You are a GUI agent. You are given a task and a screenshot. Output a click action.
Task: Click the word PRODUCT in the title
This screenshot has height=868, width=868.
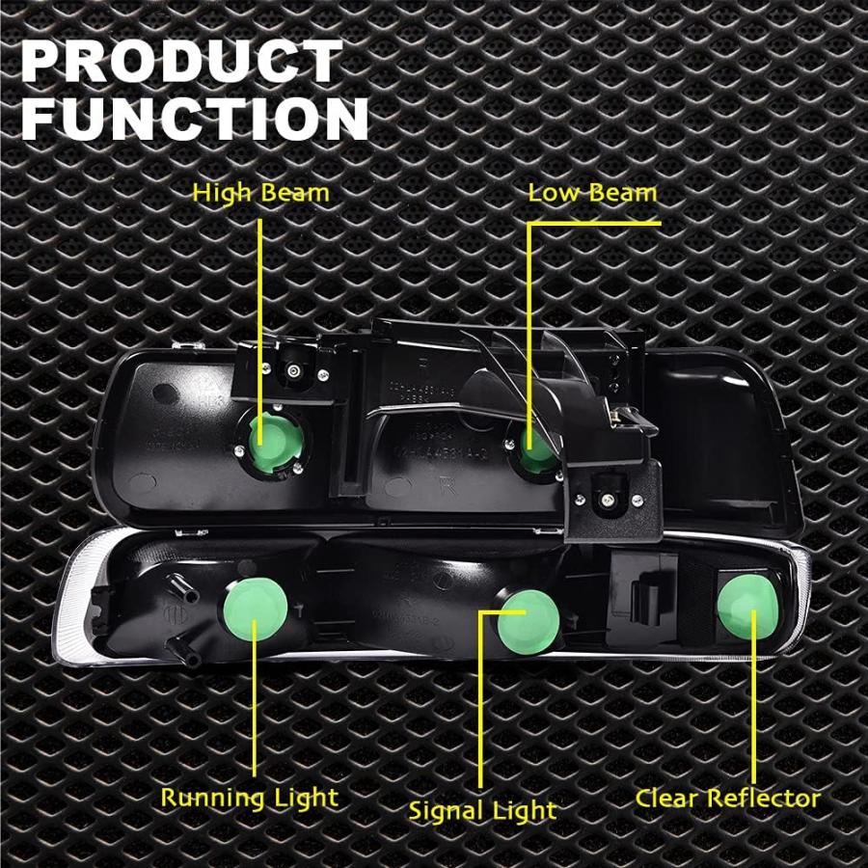(x=181, y=61)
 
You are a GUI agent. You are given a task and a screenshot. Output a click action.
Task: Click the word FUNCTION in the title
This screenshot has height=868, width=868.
(x=195, y=118)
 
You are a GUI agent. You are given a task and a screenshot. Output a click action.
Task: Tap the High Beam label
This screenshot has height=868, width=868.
(x=260, y=194)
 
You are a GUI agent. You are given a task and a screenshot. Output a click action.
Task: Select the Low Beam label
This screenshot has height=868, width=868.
(x=592, y=193)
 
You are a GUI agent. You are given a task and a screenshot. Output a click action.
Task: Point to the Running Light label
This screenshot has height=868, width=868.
(x=249, y=799)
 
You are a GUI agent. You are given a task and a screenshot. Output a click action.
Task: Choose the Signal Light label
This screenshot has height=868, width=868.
(x=482, y=811)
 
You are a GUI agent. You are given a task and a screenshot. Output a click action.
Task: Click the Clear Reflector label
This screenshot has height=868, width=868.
(x=727, y=799)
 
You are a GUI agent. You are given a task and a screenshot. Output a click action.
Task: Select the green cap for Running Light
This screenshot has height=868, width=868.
(x=256, y=608)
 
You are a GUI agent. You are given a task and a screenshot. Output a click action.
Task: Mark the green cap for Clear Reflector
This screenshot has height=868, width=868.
(x=747, y=607)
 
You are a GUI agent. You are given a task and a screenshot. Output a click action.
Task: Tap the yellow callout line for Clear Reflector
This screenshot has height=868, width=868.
(x=753, y=695)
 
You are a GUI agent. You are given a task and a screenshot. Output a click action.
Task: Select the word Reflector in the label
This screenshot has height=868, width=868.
(x=765, y=799)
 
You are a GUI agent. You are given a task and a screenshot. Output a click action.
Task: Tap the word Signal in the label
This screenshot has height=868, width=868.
(x=444, y=812)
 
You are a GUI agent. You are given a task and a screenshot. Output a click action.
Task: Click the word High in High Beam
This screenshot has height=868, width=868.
(x=223, y=194)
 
